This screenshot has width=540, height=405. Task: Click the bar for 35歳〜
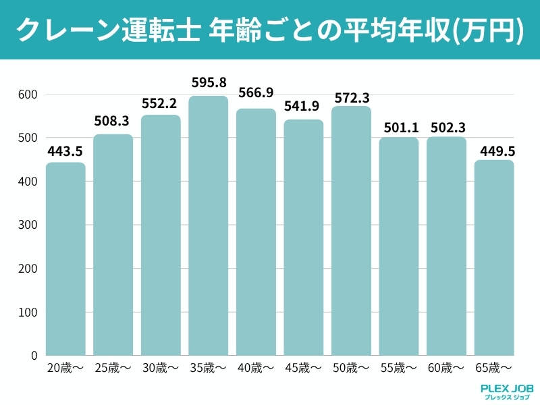point(208,225)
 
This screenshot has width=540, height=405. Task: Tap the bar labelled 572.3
point(352,231)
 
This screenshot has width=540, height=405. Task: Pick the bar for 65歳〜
point(495,257)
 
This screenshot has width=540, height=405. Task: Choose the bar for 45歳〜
point(304,237)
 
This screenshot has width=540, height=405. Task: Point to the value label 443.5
point(65,151)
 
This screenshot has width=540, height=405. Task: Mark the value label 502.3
point(447,127)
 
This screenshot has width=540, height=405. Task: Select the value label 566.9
point(256,93)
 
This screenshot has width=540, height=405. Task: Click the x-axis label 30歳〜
point(161,368)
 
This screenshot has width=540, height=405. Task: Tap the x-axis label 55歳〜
point(399,368)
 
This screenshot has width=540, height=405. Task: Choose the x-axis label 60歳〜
point(446,368)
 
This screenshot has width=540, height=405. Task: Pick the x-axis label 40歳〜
point(256,368)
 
